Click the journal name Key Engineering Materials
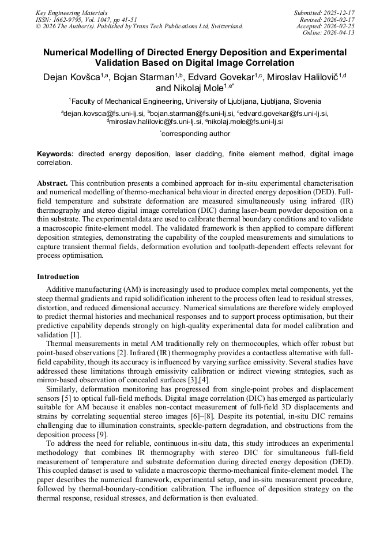click(x=72, y=12)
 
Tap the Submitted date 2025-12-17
click(x=340, y=12)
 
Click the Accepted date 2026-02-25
click(x=340, y=26)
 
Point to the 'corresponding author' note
click(x=195, y=134)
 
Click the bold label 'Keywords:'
click(x=55, y=154)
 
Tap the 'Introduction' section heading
click(x=58, y=277)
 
